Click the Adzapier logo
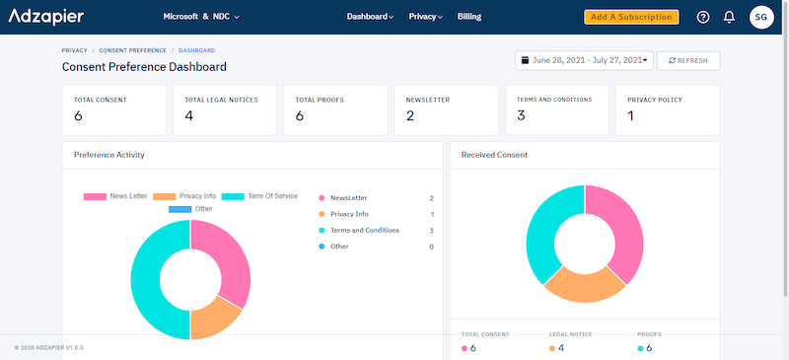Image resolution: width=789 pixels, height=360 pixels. pos(46,17)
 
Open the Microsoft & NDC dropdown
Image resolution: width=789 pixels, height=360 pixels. pos(201,17)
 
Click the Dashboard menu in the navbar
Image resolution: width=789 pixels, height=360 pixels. pos(371,17)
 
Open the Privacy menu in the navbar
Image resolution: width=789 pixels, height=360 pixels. pos(425,17)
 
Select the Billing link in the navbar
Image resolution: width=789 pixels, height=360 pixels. pos(469,17)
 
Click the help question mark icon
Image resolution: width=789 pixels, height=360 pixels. pos(703,17)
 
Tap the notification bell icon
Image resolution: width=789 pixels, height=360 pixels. pos(730,17)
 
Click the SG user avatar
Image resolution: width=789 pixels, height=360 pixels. pos(760,17)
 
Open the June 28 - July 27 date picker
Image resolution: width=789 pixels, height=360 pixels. pos(584,60)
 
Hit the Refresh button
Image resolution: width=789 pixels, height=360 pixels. pos(687,60)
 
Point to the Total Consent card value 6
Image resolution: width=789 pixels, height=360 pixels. pos(79,116)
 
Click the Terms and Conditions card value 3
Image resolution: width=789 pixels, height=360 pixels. pos(521,116)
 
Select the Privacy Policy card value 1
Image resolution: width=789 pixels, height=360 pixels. pos(630,116)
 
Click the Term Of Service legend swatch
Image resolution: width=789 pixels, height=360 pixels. pos(234,196)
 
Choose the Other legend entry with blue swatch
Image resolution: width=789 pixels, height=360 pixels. pos(180,209)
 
